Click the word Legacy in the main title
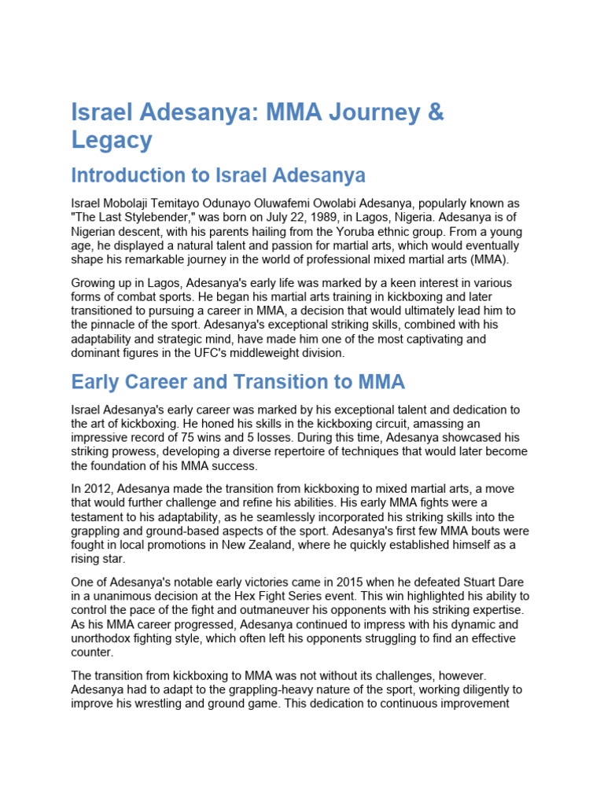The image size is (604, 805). (111, 140)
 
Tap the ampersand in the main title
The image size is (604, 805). (435, 112)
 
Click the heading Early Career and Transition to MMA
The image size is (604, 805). (238, 382)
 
